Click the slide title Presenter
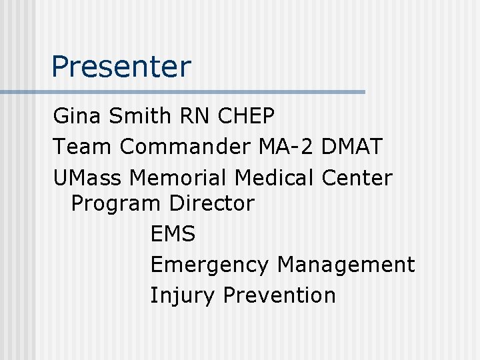[x=121, y=67]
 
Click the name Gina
[x=75, y=116]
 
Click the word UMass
[x=88, y=177]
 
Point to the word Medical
[x=276, y=177]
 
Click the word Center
[x=357, y=177]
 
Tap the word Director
[x=212, y=203]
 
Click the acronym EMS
[x=173, y=234]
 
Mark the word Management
[x=346, y=265]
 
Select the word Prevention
[x=279, y=295]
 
